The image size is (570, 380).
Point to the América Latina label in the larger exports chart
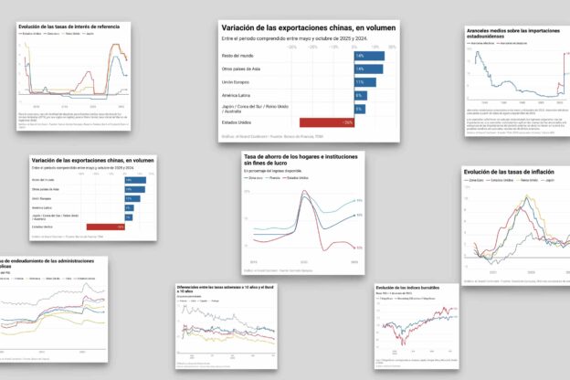pos(238,95)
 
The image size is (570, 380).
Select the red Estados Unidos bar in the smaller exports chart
pos(106,227)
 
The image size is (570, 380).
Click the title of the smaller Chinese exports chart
pos(91,160)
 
